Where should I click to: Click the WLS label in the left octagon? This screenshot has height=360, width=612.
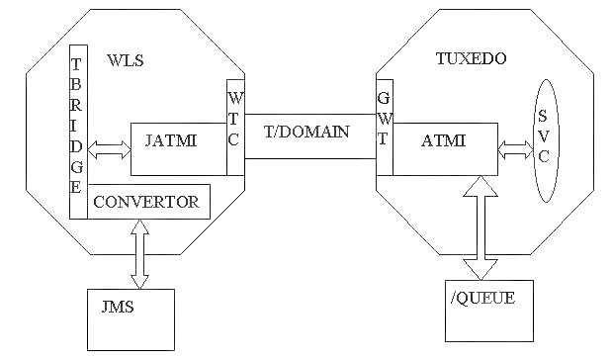coord(126,61)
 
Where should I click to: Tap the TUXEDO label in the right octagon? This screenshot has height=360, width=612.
coord(471,59)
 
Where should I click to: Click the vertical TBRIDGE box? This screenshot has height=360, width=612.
coord(77,131)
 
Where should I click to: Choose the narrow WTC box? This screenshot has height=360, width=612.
coord(234,127)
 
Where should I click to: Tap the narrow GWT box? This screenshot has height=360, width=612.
coord(385,127)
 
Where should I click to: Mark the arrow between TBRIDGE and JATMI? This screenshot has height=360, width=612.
coord(110,151)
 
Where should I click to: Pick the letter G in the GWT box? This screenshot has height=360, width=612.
coord(384,99)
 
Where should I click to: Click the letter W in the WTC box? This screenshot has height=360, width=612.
coord(234,99)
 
